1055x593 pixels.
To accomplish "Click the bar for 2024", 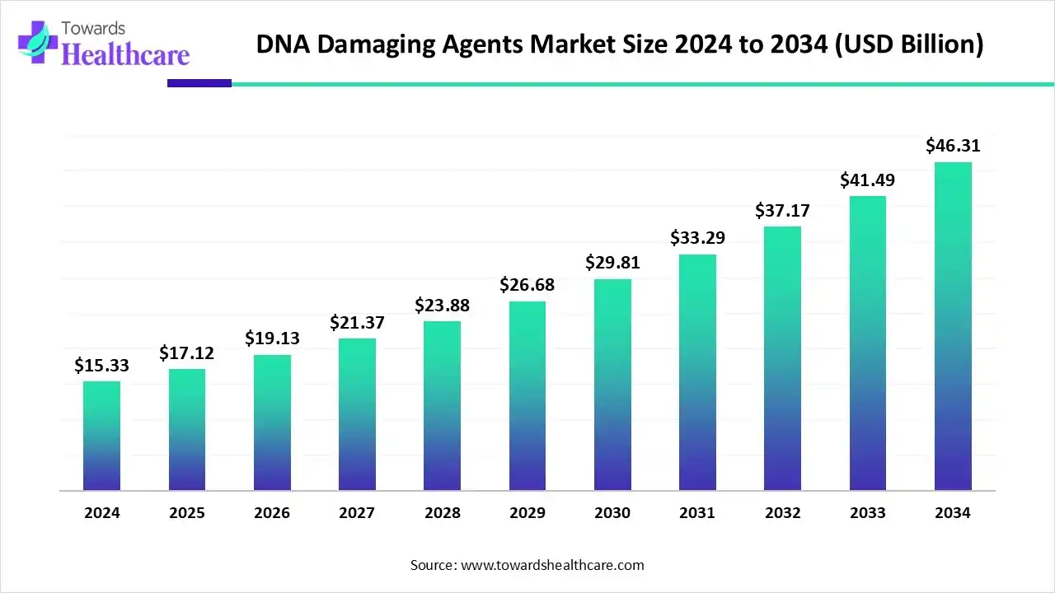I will (101, 436).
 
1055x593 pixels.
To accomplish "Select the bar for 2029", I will (527, 396).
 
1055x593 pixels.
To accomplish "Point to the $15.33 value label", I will (101, 365).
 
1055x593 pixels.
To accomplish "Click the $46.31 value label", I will (953, 146).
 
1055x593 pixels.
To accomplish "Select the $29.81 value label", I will (612, 263).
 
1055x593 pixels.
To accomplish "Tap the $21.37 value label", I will (357, 323).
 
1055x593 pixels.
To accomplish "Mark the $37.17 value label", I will (782, 210).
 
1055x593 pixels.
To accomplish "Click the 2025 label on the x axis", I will (187, 513).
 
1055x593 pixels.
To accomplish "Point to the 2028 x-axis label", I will (443, 513).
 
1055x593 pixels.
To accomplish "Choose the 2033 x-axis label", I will (868, 513).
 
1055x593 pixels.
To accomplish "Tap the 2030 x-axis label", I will (612, 513).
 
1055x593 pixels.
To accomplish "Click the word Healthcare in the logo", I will (125, 54).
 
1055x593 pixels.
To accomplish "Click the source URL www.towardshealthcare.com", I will (551, 565).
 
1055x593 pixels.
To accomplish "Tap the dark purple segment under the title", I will (199, 83).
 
